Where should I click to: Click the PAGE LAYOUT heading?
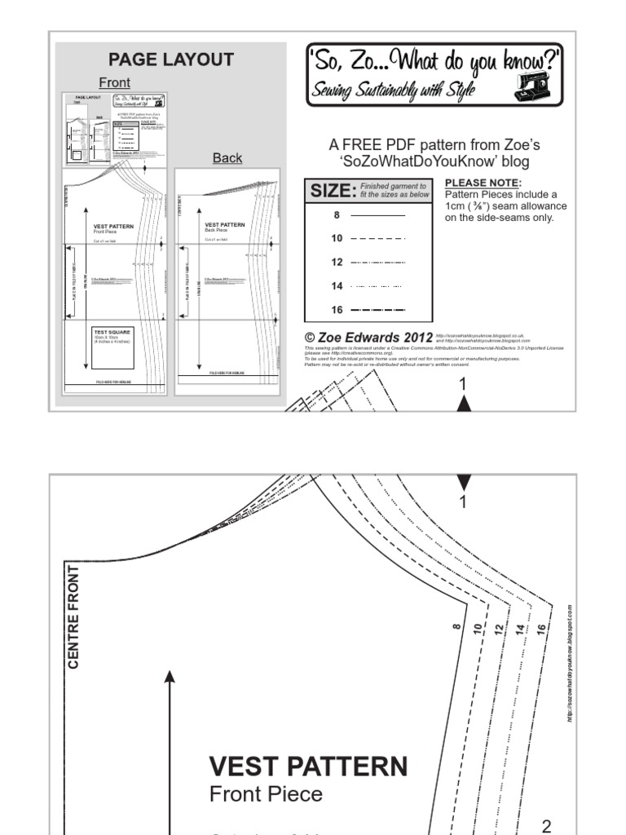(x=171, y=60)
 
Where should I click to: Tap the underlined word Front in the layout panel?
(x=114, y=82)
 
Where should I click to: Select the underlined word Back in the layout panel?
(x=227, y=157)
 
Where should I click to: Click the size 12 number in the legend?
(x=337, y=263)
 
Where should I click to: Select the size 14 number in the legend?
(x=337, y=286)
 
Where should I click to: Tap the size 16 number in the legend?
(x=337, y=310)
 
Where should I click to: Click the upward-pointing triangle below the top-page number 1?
(x=464, y=403)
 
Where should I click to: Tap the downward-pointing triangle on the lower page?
(x=464, y=482)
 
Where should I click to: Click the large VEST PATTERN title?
(x=308, y=766)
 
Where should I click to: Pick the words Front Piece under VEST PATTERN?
(x=266, y=793)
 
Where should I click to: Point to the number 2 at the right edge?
(x=546, y=826)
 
